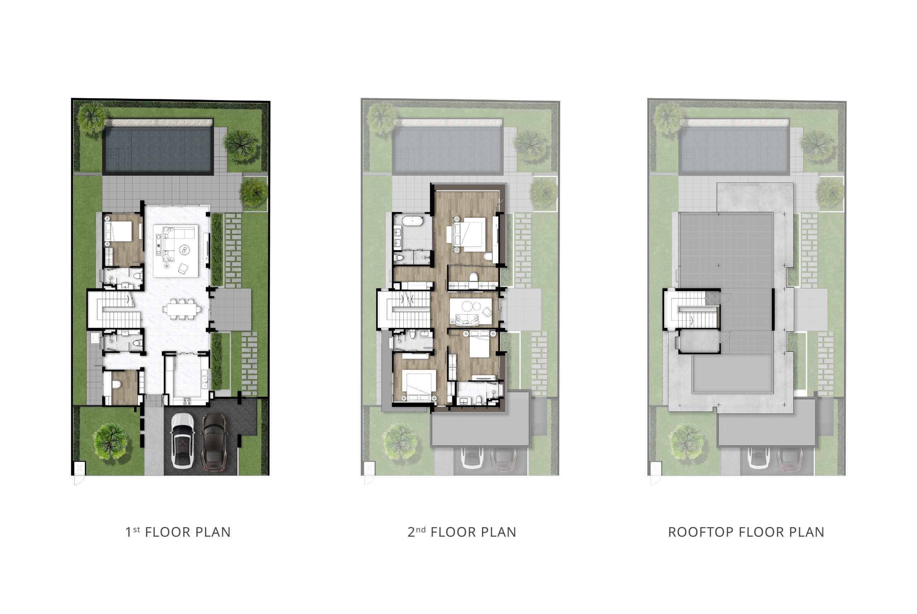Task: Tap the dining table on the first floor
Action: click(181, 309)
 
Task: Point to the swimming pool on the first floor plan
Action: click(158, 149)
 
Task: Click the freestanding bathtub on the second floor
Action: click(412, 221)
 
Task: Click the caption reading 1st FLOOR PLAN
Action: click(178, 532)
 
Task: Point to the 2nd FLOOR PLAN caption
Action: click(462, 532)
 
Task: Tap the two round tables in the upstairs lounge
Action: click(471, 306)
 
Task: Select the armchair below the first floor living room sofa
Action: click(183, 268)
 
